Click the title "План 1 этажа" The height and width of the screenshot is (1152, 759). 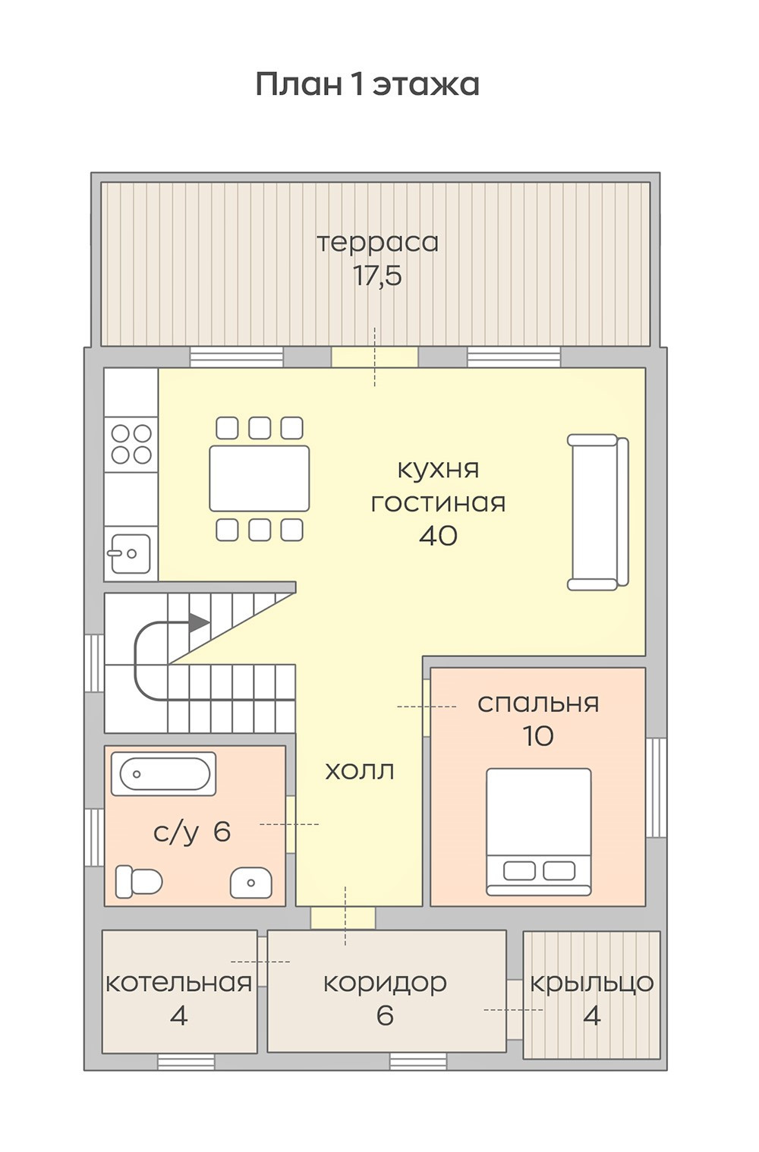click(x=367, y=85)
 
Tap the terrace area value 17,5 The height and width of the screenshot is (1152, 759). click(x=377, y=276)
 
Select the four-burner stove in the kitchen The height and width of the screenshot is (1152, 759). click(x=131, y=444)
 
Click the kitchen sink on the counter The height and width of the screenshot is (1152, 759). click(x=128, y=553)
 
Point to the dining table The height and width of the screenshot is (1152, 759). click(x=259, y=478)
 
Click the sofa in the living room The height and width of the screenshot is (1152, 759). click(x=598, y=511)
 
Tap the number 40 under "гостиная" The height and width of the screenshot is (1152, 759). click(x=438, y=537)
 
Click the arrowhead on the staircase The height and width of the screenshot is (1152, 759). click(x=199, y=623)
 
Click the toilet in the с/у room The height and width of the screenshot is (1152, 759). click(x=139, y=883)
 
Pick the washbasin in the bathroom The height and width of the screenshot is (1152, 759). click(x=251, y=883)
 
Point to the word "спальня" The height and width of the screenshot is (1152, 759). click(x=538, y=703)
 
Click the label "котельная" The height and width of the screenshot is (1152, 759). click(x=178, y=983)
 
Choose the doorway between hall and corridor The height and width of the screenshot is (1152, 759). click(x=343, y=918)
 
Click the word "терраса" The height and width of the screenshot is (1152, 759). click(x=377, y=244)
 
